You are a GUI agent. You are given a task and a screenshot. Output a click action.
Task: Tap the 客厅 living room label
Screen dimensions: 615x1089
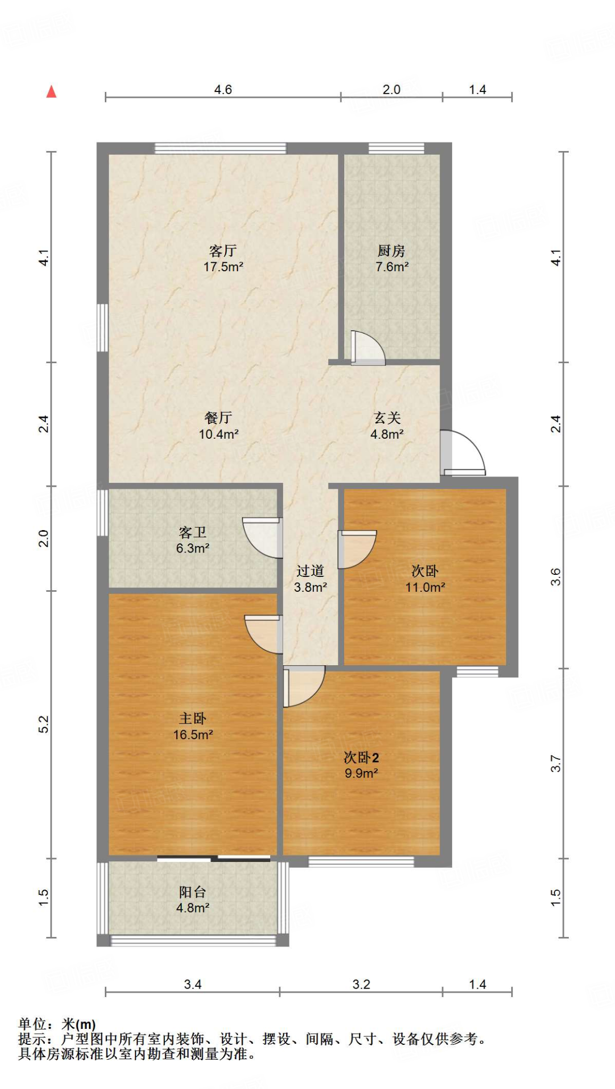(223, 250)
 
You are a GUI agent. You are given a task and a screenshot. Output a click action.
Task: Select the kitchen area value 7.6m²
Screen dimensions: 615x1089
(392, 267)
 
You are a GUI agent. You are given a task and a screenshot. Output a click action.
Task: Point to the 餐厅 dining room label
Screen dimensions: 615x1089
(218, 418)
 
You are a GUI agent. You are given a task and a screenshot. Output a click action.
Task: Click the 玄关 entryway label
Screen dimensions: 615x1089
(387, 418)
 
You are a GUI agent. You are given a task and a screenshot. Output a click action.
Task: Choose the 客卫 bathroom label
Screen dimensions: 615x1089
(193, 532)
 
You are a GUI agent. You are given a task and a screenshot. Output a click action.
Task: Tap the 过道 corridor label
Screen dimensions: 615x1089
(310, 571)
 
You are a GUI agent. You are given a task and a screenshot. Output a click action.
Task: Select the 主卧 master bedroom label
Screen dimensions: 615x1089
(193, 718)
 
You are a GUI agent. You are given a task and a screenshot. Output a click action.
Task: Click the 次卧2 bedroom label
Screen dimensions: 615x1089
(361, 757)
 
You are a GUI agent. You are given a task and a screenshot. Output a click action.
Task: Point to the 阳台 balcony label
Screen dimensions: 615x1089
(193, 892)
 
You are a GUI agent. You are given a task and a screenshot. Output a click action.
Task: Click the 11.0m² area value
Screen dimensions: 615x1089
(425, 587)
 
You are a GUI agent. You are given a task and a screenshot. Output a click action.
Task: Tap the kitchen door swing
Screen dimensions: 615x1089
(368, 348)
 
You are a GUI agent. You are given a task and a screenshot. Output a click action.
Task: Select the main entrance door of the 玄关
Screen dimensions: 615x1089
(463, 453)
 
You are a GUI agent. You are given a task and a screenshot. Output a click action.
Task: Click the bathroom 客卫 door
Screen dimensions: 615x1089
(262, 538)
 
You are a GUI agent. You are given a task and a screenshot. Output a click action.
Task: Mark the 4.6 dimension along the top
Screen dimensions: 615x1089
(223, 89)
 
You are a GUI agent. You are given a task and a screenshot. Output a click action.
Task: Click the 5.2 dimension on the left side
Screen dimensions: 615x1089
(44, 724)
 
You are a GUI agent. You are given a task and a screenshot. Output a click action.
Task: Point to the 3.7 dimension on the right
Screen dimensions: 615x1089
(555, 764)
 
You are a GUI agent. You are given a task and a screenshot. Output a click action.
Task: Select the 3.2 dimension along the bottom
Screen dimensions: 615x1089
(361, 984)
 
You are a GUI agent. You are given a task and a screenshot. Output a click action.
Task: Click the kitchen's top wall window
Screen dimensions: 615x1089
(396, 148)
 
